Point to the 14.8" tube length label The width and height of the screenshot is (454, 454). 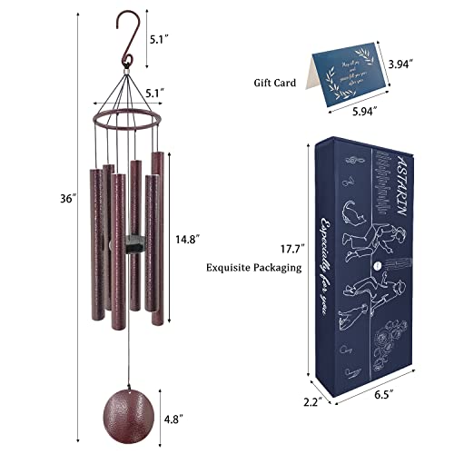185,239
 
